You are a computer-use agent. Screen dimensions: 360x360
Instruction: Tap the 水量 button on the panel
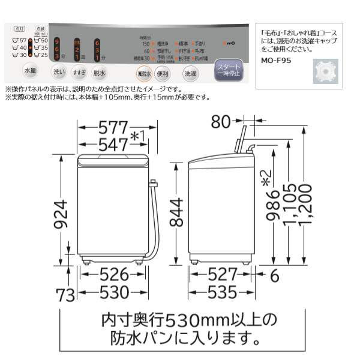click(x=30, y=71)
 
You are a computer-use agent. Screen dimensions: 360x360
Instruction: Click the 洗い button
click(x=58, y=73)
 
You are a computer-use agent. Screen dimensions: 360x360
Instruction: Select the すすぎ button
click(x=79, y=73)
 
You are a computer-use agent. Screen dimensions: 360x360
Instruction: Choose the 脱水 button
click(x=99, y=73)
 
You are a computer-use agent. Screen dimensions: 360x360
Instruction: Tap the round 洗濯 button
click(x=190, y=74)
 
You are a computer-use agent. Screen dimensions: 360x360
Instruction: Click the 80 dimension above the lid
click(x=221, y=122)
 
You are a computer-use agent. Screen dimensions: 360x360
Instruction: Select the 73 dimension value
click(x=67, y=295)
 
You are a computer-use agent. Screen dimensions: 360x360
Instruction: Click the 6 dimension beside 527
click(x=274, y=275)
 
